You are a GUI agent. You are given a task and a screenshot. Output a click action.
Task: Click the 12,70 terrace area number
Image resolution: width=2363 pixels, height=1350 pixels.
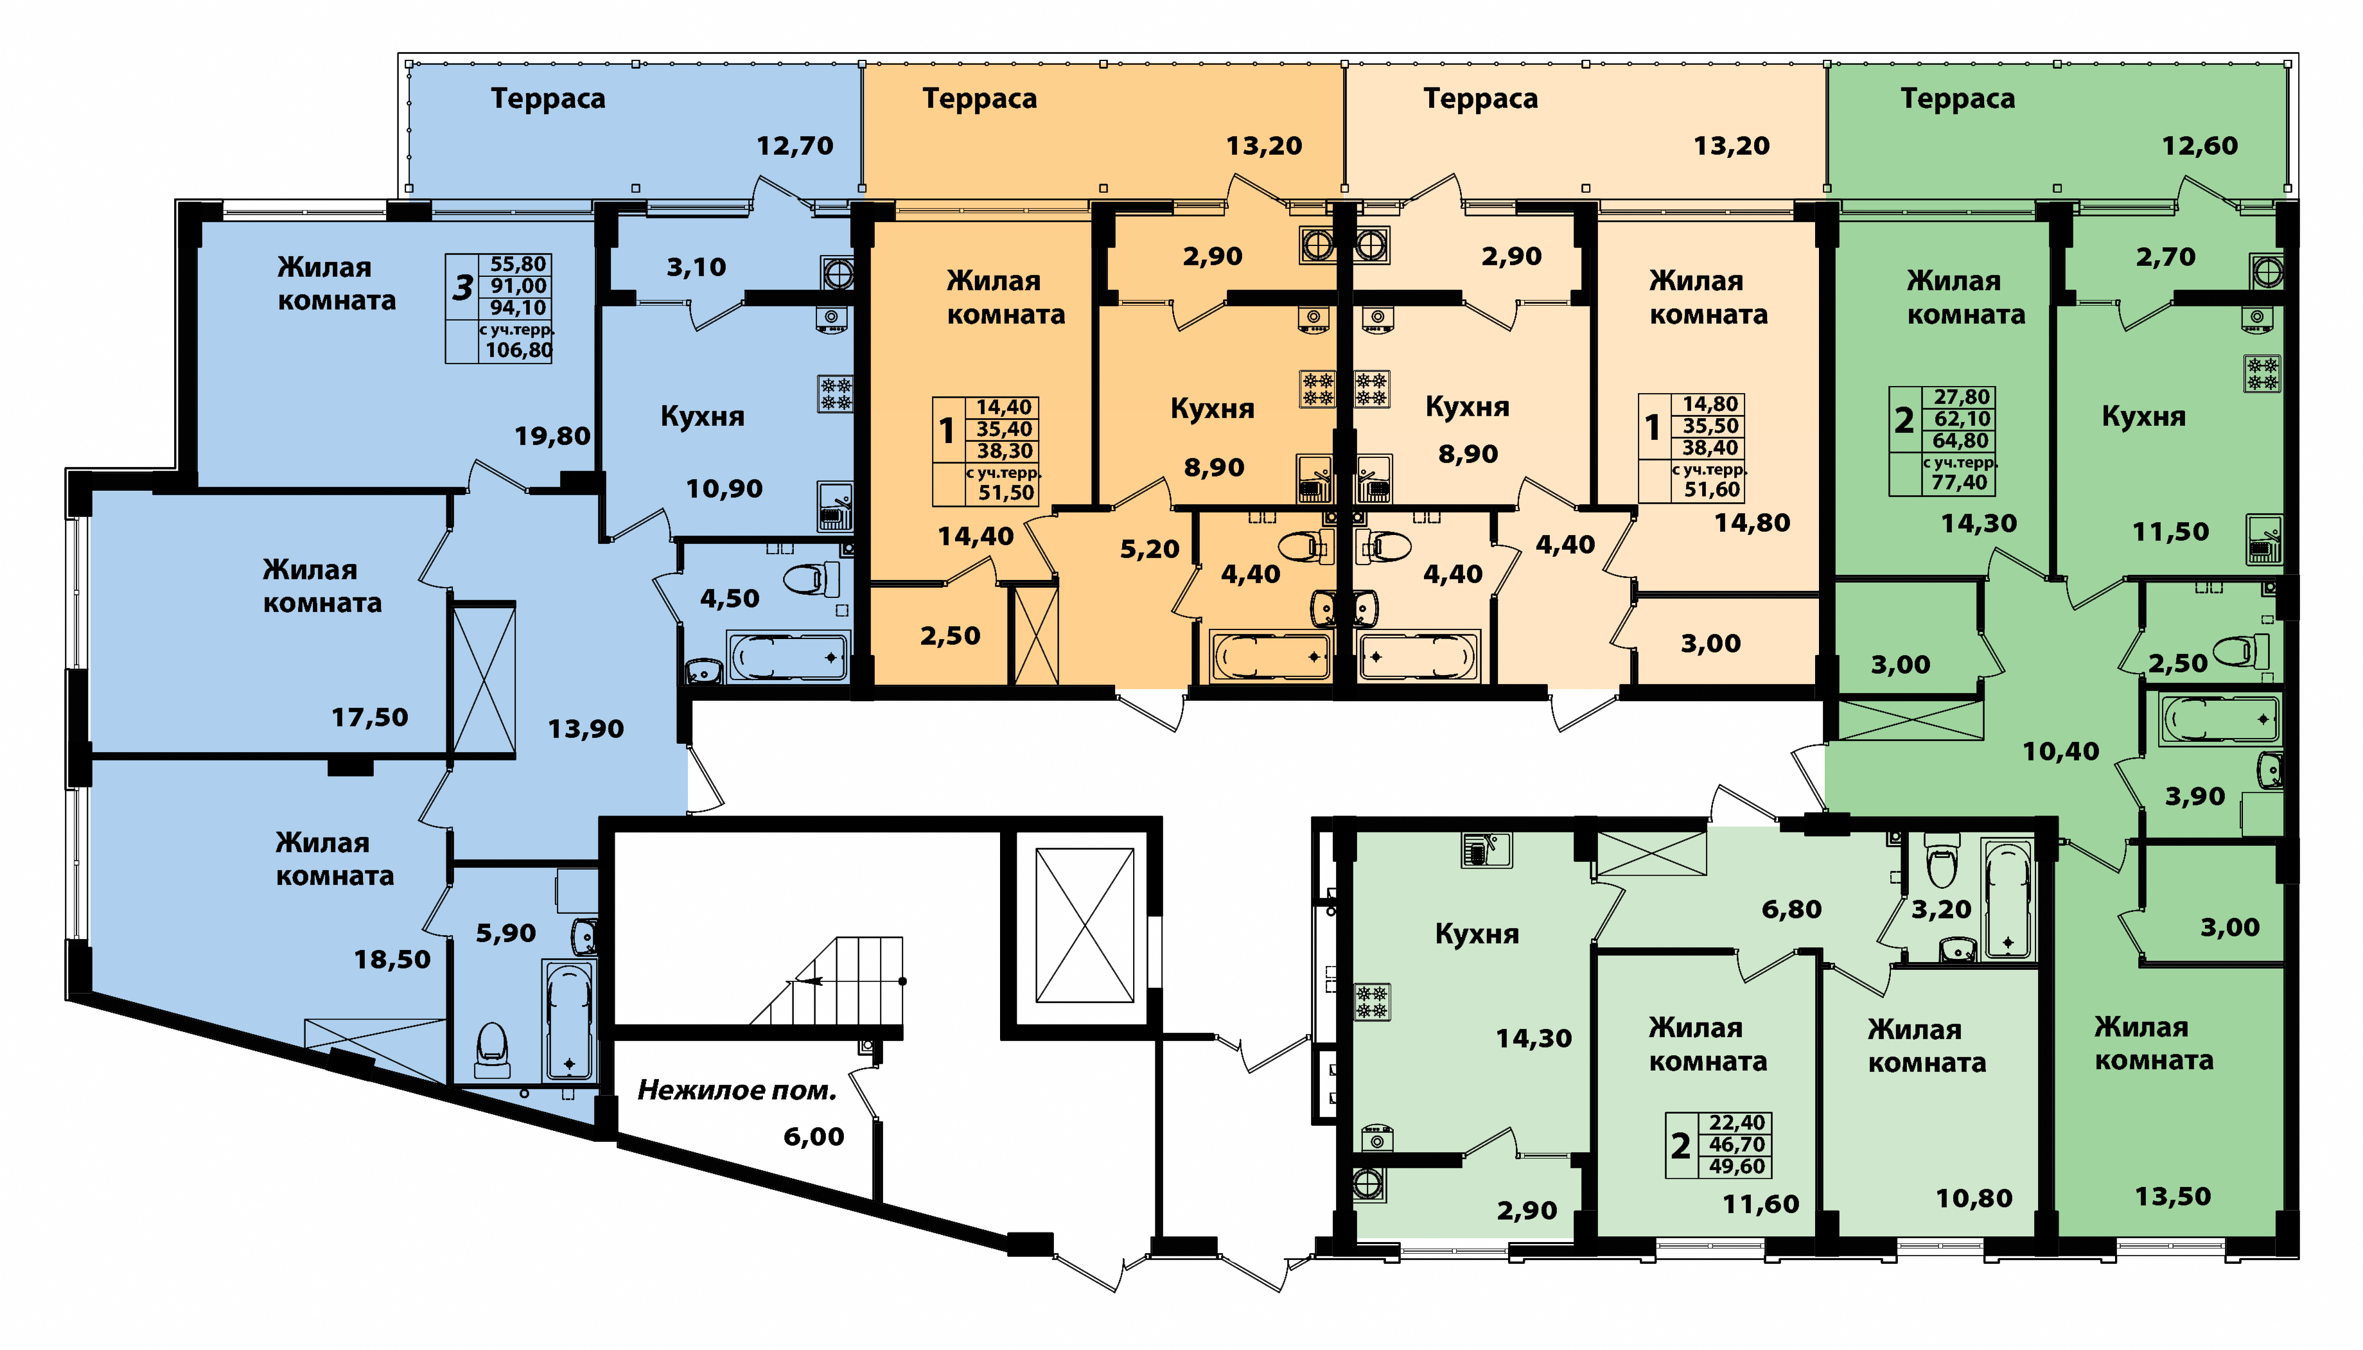pyautogui.click(x=795, y=146)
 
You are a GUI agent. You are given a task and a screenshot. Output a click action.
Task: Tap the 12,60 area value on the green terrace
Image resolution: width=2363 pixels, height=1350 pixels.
pyautogui.click(x=2199, y=146)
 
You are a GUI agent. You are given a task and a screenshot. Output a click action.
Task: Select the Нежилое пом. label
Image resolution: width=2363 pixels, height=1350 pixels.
pyautogui.click(x=737, y=1091)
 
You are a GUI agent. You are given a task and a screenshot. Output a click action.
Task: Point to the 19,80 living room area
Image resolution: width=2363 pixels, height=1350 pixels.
pyautogui.click(x=552, y=436)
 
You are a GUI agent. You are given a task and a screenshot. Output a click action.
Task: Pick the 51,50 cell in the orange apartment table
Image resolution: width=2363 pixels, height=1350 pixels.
pyautogui.click(x=1006, y=493)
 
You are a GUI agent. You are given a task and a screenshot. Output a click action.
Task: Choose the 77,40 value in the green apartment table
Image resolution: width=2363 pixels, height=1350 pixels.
pyautogui.click(x=1959, y=483)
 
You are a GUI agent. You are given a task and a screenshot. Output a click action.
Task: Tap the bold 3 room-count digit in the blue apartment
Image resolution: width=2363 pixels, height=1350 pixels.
pyautogui.click(x=462, y=288)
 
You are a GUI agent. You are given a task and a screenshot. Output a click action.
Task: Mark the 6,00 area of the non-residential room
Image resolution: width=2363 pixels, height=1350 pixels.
pyautogui.click(x=813, y=1137)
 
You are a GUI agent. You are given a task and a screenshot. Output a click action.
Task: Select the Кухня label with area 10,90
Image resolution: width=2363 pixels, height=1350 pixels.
pyautogui.click(x=702, y=416)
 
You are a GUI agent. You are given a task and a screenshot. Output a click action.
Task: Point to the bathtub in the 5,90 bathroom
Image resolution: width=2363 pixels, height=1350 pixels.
pyautogui.click(x=568, y=1021)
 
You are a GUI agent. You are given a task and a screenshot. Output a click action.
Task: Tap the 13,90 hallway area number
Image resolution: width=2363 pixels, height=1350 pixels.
pyautogui.click(x=586, y=729)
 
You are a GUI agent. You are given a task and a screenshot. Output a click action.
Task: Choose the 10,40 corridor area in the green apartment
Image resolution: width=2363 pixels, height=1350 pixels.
pyautogui.click(x=2060, y=751)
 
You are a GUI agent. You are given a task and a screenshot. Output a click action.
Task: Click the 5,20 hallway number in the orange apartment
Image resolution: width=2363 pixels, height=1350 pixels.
pyautogui.click(x=1150, y=550)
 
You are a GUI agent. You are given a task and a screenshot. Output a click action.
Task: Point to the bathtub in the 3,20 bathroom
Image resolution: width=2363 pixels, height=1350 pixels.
pyautogui.click(x=2006, y=899)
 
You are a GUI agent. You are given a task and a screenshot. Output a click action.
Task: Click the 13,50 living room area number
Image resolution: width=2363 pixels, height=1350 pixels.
pyautogui.click(x=2173, y=1197)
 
